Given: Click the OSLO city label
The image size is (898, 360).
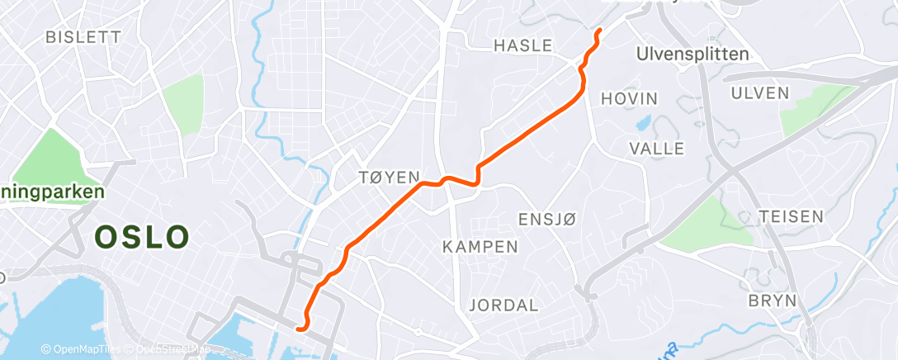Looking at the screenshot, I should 142,238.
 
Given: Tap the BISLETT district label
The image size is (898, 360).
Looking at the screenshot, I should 83,37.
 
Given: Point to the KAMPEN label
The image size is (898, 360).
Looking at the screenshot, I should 480,247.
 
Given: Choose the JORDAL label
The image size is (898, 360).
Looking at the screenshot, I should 503,305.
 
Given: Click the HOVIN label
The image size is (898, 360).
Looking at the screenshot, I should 630,98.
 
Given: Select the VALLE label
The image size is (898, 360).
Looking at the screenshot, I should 657,149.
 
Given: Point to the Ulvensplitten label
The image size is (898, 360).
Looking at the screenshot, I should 693,54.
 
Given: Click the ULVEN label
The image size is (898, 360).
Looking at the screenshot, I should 760,92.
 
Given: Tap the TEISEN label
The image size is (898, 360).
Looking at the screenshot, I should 792,216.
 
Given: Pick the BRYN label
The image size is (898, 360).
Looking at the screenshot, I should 772,300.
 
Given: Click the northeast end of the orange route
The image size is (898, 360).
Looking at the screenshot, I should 598,31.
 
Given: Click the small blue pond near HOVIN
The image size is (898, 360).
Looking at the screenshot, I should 643,125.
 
